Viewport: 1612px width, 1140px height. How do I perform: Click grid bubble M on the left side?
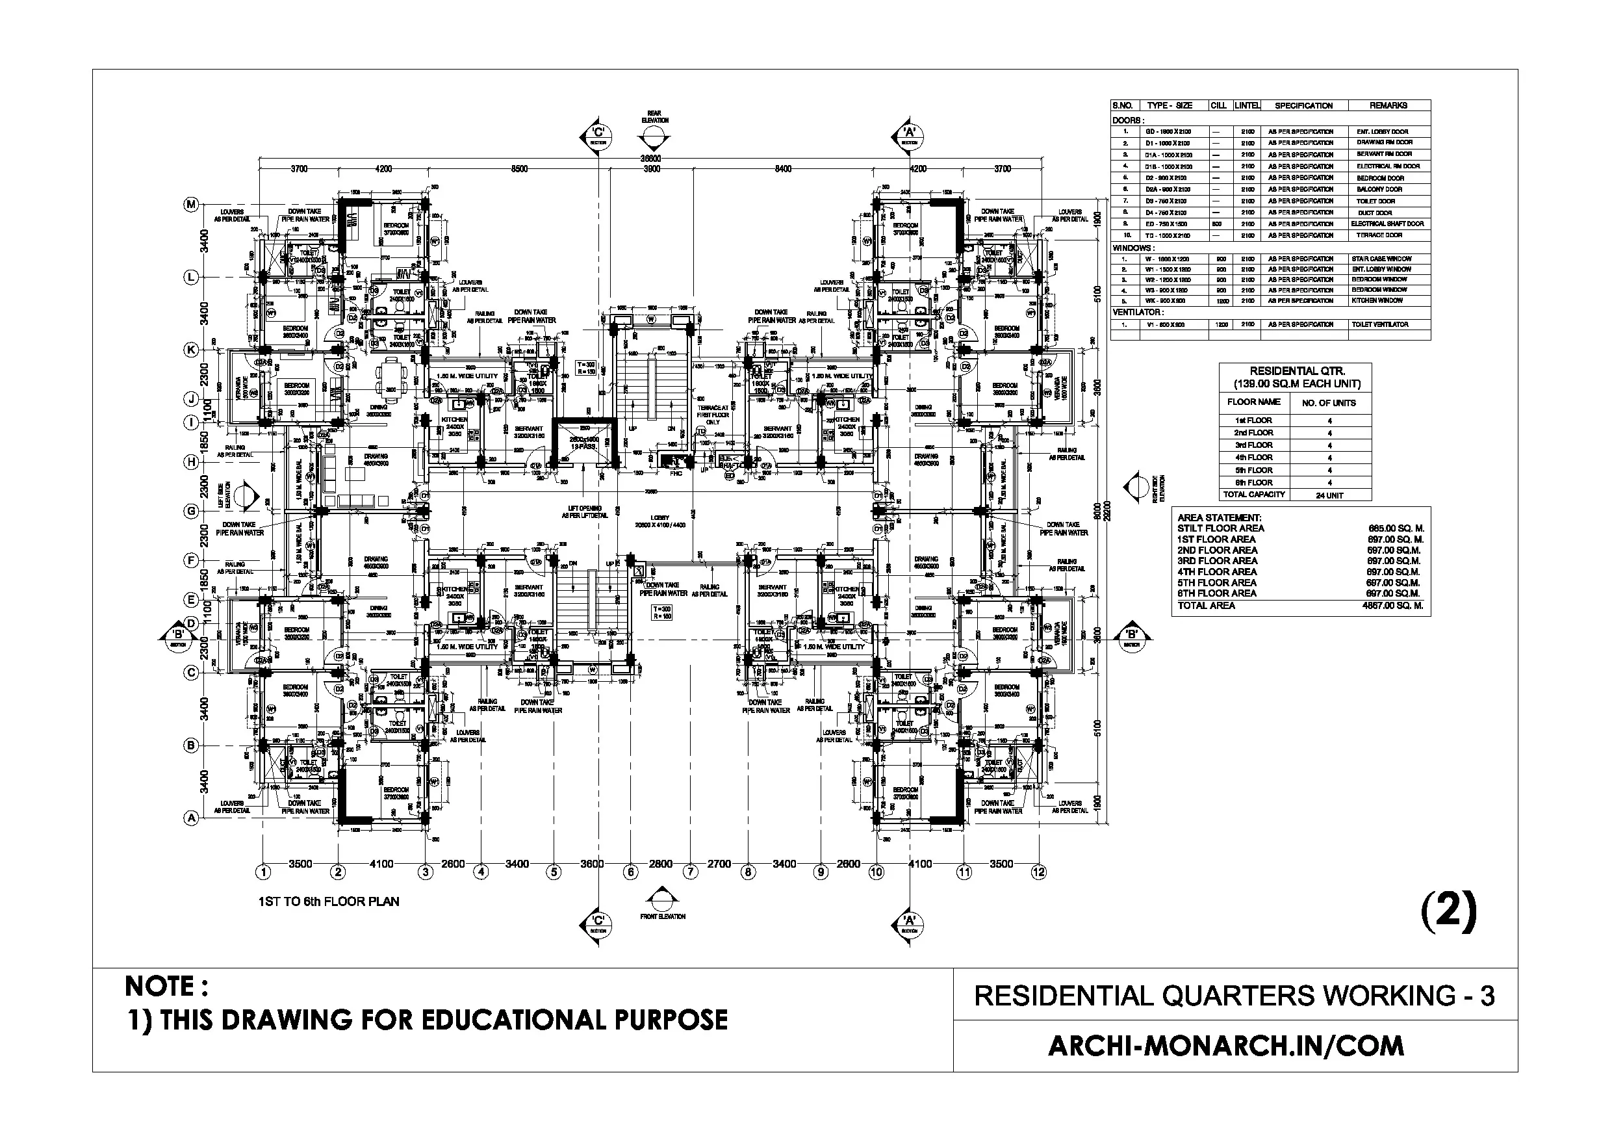(x=191, y=204)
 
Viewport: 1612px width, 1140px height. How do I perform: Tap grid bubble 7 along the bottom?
(x=691, y=872)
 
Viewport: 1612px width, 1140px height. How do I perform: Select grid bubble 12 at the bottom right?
(x=1038, y=872)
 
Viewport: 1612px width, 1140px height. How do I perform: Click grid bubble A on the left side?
(x=191, y=818)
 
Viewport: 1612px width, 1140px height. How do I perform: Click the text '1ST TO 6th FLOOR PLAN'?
(x=329, y=902)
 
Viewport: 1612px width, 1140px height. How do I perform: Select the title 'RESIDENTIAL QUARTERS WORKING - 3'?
(x=1235, y=996)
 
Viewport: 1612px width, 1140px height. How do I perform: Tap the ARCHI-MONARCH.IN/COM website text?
(x=1226, y=1046)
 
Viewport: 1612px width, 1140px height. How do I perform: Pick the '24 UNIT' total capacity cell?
(x=1329, y=495)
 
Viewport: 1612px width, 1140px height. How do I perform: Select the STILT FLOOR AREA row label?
(x=1220, y=528)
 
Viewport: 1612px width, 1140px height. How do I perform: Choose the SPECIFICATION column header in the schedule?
(x=1303, y=105)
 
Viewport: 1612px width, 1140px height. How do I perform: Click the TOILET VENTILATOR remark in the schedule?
(x=1379, y=324)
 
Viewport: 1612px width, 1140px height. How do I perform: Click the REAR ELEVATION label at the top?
(x=654, y=116)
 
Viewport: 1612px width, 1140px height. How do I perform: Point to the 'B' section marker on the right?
(x=1131, y=636)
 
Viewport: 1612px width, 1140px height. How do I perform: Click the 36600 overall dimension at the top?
(x=650, y=159)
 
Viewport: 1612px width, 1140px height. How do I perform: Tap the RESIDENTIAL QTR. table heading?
(x=1297, y=377)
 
